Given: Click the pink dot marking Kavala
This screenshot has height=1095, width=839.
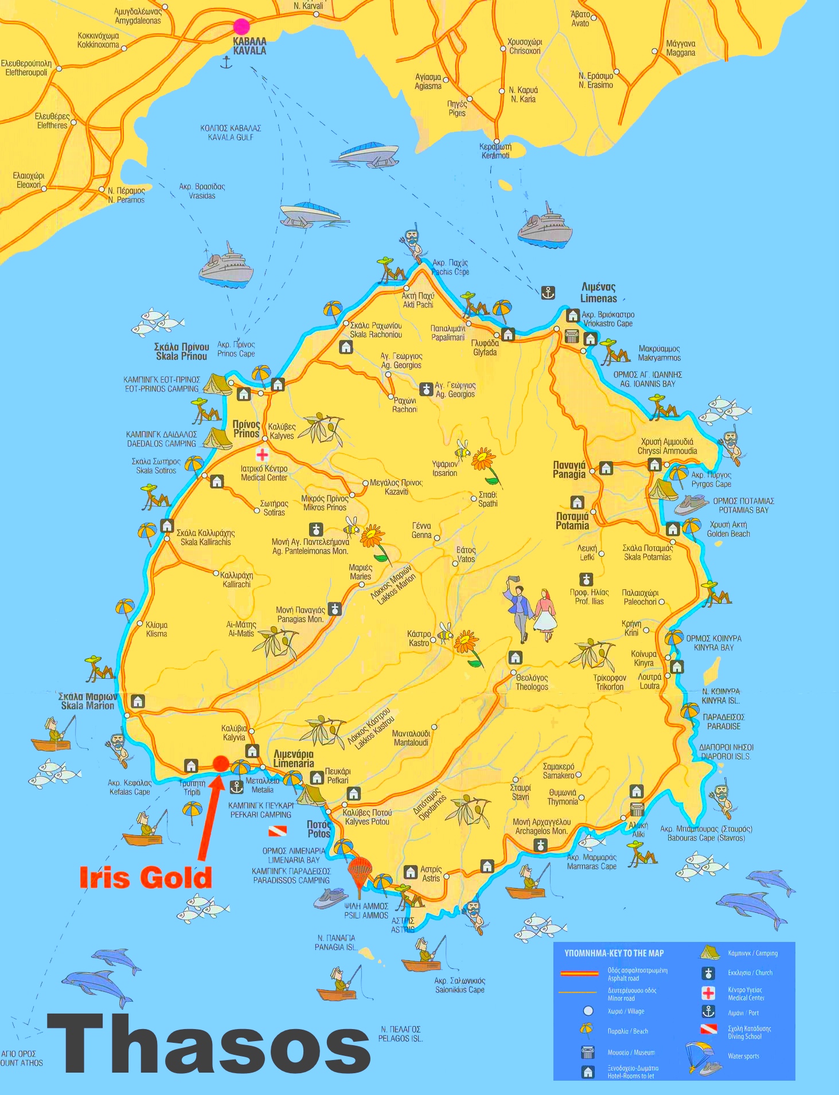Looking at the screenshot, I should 241,26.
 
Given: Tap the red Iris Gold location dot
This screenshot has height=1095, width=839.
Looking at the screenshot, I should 221,763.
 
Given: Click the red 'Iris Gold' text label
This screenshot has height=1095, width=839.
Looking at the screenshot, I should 146,878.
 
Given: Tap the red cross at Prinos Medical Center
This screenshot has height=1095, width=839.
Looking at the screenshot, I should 262,455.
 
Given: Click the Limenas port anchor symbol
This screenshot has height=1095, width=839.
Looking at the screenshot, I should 548,293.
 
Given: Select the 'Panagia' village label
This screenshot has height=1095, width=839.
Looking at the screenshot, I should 569,470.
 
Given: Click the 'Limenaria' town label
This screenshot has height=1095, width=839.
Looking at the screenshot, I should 294,758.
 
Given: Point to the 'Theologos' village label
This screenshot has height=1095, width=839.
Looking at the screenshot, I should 532,682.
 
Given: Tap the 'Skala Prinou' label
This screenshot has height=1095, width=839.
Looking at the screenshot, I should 181,351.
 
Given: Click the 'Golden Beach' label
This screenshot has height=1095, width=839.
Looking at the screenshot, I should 728,529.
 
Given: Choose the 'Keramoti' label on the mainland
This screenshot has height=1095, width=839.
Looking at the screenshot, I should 495,151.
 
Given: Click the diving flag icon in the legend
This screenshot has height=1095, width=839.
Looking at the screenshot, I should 709,1029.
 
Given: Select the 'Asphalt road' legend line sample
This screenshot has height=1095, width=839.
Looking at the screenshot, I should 579,973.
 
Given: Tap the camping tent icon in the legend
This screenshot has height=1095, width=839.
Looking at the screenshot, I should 709,953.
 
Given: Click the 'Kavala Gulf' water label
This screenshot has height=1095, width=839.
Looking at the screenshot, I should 231,132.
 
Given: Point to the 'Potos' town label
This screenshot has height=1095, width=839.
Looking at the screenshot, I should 318,829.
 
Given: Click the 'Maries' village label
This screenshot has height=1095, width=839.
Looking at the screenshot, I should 360,572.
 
